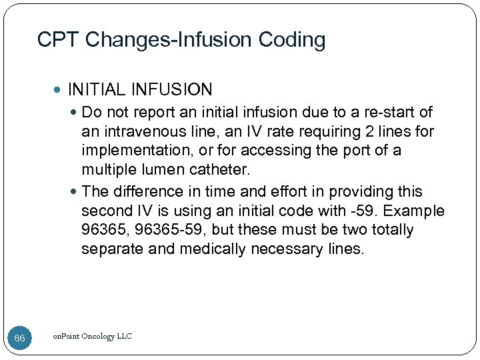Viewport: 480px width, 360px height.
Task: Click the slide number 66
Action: [x=19, y=338]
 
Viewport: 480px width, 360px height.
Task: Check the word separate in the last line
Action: [x=109, y=250]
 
